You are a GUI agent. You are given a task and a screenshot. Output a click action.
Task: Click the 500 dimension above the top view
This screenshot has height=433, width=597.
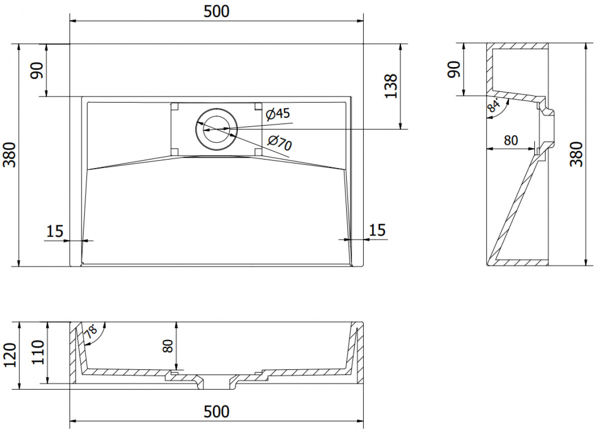click(x=216, y=12)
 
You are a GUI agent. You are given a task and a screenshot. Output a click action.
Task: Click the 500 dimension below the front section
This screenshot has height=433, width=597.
click(x=216, y=412)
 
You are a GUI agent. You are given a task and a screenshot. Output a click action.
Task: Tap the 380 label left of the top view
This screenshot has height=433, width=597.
click(x=9, y=155)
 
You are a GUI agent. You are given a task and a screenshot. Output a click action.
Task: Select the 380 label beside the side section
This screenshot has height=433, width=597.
click(x=576, y=154)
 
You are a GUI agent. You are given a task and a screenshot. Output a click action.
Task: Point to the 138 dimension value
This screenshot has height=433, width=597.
click(x=391, y=86)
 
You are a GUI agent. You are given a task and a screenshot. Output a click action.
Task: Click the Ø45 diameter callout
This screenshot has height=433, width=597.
click(x=278, y=114)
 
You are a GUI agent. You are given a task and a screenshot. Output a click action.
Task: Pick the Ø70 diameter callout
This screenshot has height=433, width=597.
click(x=280, y=143)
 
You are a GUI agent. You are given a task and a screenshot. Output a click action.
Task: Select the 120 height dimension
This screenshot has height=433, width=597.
click(x=10, y=355)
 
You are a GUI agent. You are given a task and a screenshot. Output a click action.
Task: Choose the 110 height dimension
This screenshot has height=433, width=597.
click(x=38, y=352)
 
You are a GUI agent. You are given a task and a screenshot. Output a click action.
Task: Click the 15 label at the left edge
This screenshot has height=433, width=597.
click(x=55, y=231)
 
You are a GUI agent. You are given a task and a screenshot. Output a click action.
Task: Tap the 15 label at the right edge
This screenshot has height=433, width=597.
click(x=377, y=230)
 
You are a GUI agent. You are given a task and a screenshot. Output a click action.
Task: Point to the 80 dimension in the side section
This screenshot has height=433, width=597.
click(x=511, y=140)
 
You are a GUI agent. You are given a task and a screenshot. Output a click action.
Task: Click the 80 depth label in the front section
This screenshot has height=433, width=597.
click(x=168, y=346)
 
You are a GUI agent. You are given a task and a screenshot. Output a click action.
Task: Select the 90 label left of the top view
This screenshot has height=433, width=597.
click(x=37, y=71)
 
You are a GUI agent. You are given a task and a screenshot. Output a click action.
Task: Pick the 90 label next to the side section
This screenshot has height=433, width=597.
click(x=454, y=70)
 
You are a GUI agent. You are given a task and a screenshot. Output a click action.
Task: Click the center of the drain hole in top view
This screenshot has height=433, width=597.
click(x=216, y=129)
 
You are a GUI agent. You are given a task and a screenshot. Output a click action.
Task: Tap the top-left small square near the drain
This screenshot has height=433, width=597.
click(x=175, y=106)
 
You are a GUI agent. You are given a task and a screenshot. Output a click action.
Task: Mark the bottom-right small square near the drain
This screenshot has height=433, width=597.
click(x=258, y=152)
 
